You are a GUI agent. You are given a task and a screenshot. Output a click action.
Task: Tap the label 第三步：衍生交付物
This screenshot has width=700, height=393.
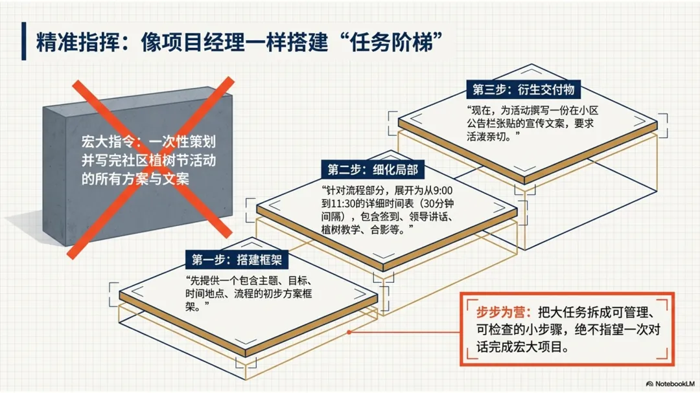(519, 89)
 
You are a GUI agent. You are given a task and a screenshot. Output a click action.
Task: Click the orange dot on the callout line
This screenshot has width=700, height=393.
(349, 332)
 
